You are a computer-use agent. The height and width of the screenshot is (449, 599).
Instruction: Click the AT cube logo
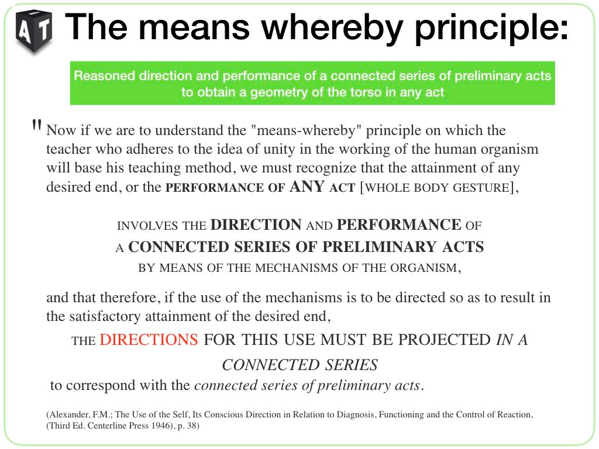point(33,32)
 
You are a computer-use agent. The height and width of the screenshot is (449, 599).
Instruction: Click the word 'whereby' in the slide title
point(332,27)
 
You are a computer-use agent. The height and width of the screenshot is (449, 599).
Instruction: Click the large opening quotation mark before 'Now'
point(37,125)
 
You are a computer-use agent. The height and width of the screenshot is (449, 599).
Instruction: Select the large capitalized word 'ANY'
point(307,186)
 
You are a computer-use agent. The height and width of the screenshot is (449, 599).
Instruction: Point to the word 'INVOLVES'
point(147,226)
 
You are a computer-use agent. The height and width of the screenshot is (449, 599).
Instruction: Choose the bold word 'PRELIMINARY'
point(379,247)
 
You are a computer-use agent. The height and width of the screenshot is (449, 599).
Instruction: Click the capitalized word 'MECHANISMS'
point(296,268)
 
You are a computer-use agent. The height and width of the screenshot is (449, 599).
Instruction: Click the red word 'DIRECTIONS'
point(149,340)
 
